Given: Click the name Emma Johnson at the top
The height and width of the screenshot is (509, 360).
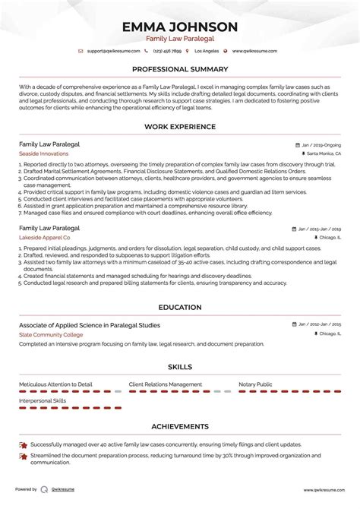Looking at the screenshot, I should (x=180, y=27).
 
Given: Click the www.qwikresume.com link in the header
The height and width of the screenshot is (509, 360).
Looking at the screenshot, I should (x=254, y=51).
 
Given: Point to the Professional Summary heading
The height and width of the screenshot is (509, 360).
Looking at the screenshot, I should (x=180, y=69).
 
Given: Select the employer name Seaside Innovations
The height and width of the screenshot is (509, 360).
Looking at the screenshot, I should (x=43, y=153).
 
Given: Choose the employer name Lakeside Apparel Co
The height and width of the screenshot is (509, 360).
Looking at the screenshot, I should (x=46, y=237).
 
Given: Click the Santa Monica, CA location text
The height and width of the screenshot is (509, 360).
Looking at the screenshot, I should (x=324, y=153).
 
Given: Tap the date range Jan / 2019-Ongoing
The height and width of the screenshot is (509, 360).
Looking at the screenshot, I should (x=319, y=144).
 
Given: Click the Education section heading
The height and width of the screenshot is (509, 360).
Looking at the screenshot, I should (x=180, y=307).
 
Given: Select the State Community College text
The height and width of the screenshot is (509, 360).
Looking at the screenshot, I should (x=50, y=334).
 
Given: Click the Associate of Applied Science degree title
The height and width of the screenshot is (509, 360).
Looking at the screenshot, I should (x=90, y=324).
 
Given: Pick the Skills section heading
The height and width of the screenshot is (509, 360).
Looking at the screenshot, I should (x=180, y=366).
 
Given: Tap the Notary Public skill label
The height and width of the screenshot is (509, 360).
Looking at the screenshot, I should (x=255, y=384).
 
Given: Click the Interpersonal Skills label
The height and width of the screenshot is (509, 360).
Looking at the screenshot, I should (x=43, y=400).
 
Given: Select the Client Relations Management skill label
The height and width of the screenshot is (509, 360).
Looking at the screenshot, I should (x=166, y=384).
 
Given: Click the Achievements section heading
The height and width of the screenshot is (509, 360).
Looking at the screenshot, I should (x=180, y=426).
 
